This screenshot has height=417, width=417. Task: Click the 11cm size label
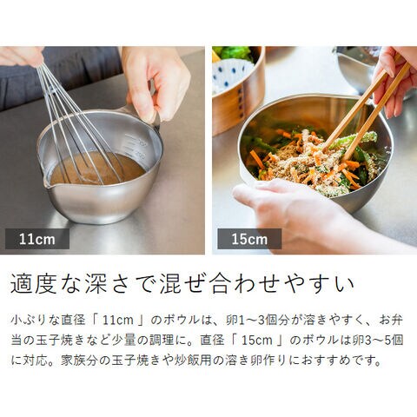pos(37,239)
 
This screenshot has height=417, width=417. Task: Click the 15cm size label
pos(249,239)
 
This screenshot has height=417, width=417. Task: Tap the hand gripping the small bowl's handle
pos(156,81)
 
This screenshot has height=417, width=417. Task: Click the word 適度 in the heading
pos(33,284)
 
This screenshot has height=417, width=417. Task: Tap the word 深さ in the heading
pos(107,284)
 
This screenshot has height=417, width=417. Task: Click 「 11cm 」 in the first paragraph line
pos(118,321)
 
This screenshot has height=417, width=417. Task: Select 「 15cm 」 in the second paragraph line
pos(257,341)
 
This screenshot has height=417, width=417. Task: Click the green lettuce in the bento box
pos(235,53)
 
